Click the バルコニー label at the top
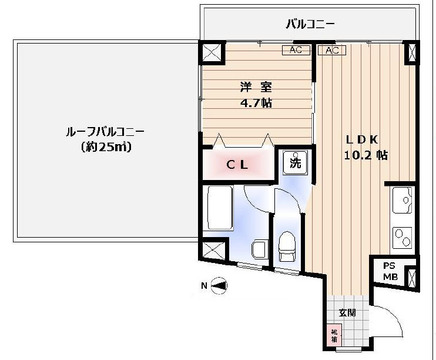coord(310,22)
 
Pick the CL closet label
coord(236,163)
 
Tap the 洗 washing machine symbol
coord(297,162)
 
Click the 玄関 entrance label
coord(346,312)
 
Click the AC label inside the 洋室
coord(294,50)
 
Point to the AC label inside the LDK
coord(332,50)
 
